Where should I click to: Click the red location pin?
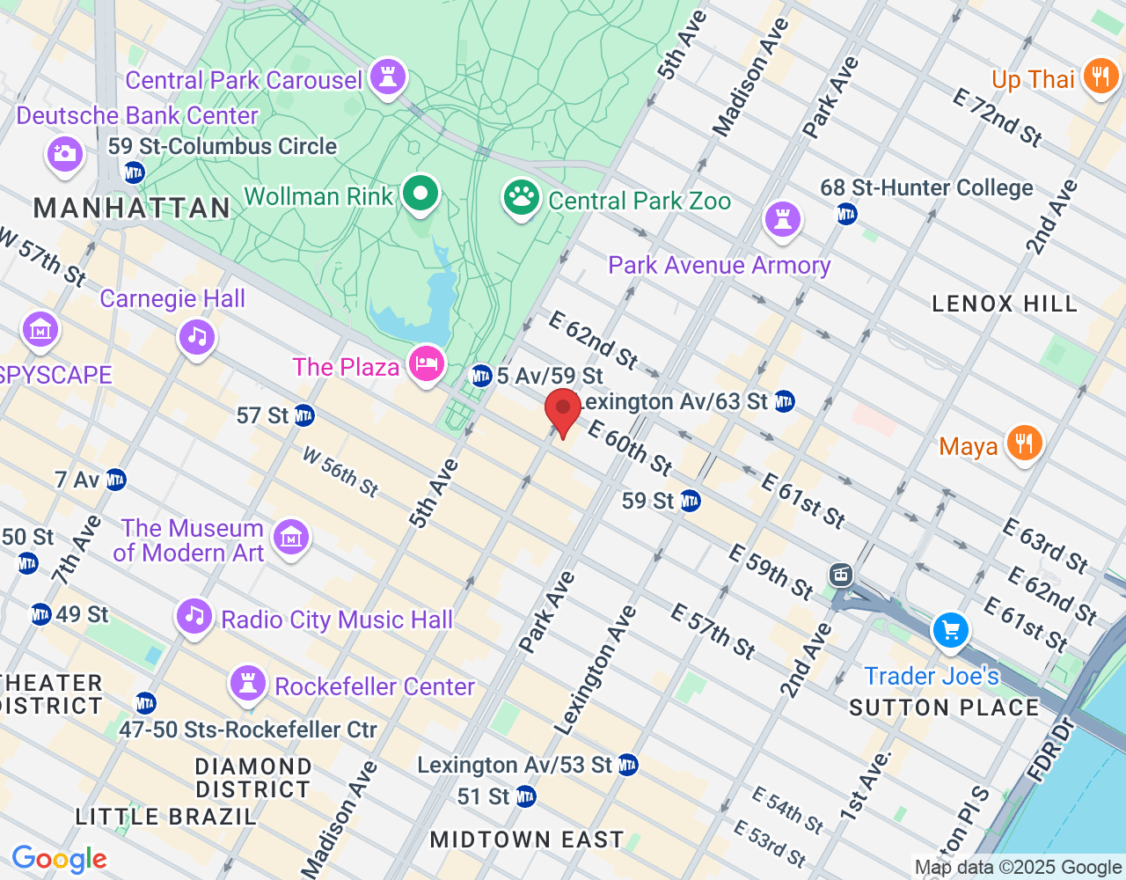pyautogui.click(x=563, y=411)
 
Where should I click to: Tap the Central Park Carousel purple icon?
pyautogui.click(x=387, y=77)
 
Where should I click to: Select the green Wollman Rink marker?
pyautogui.click(x=420, y=193)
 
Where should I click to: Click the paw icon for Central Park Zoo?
pyautogui.click(x=522, y=198)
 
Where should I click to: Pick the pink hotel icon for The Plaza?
pyautogui.click(x=427, y=363)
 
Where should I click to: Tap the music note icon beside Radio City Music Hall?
pyautogui.click(x=195, y=617)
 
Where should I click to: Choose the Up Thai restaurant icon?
pyautogui.click(x=1100, y=77)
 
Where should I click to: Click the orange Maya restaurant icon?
pyautogui.click(x=1024, y=444)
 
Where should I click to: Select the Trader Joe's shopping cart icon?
pyautogui.click(x=950, y=630)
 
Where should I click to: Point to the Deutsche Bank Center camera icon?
pyautogui.click(x=64, y=154)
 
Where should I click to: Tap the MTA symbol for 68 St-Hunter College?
pyautogui.click(x=846, y=214)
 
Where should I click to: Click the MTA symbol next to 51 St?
pyautogui.click(x=525, y=797)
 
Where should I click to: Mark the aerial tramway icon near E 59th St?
pyautogui.click(x=841, y=576)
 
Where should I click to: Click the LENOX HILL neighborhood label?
pyautogui.click(x=1004, y=304)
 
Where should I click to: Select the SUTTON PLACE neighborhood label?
pyautogui.click(x=944, y=708)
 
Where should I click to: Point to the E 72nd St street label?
pyautogui.click(x=998, y=117)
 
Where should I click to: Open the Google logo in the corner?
pyautogui.click(x=59, y=859)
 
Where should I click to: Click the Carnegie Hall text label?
pyautogui.click(x=172, y=299)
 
